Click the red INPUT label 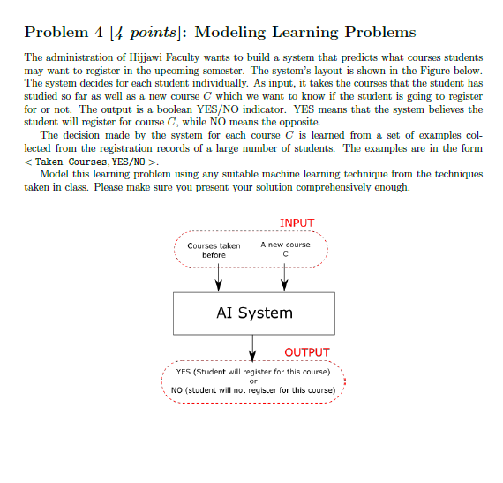(x=296, y=223)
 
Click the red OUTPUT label (x=307, y=352)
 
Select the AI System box (x=254, y=313)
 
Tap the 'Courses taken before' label (x=214, y=250)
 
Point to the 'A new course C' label (x=285, y=249)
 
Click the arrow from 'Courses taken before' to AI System (x=219, y=276)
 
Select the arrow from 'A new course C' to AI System (x=284, y=276)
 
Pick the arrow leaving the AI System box (x=254, y=346)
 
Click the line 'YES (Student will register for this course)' (x=253, y=372)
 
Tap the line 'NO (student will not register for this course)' (x=253, y=390)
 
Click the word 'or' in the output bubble (x=253, y=381)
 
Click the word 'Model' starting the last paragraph (x=54, y=174)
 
